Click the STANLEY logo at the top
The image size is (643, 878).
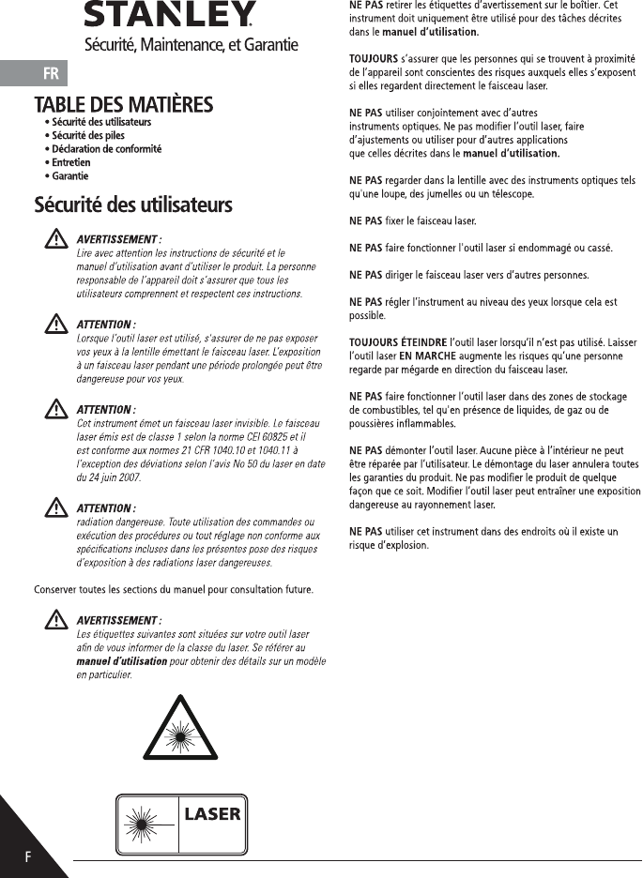tap(169, 14)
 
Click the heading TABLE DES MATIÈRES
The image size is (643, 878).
tap(124, 104)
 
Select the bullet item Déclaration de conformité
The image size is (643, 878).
tap(106, 149)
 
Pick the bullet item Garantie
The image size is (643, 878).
tap(70, 175)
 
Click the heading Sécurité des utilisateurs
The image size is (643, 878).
tap(133, 204)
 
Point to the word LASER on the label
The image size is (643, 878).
tap(212, 813)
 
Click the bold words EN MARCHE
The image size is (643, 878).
tap(425, 356)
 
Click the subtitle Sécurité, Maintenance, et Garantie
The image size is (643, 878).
tap(191, 44)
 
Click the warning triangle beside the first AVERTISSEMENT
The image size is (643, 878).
tap(54, 241)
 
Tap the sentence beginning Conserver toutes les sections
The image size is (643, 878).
tap(174, 589)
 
